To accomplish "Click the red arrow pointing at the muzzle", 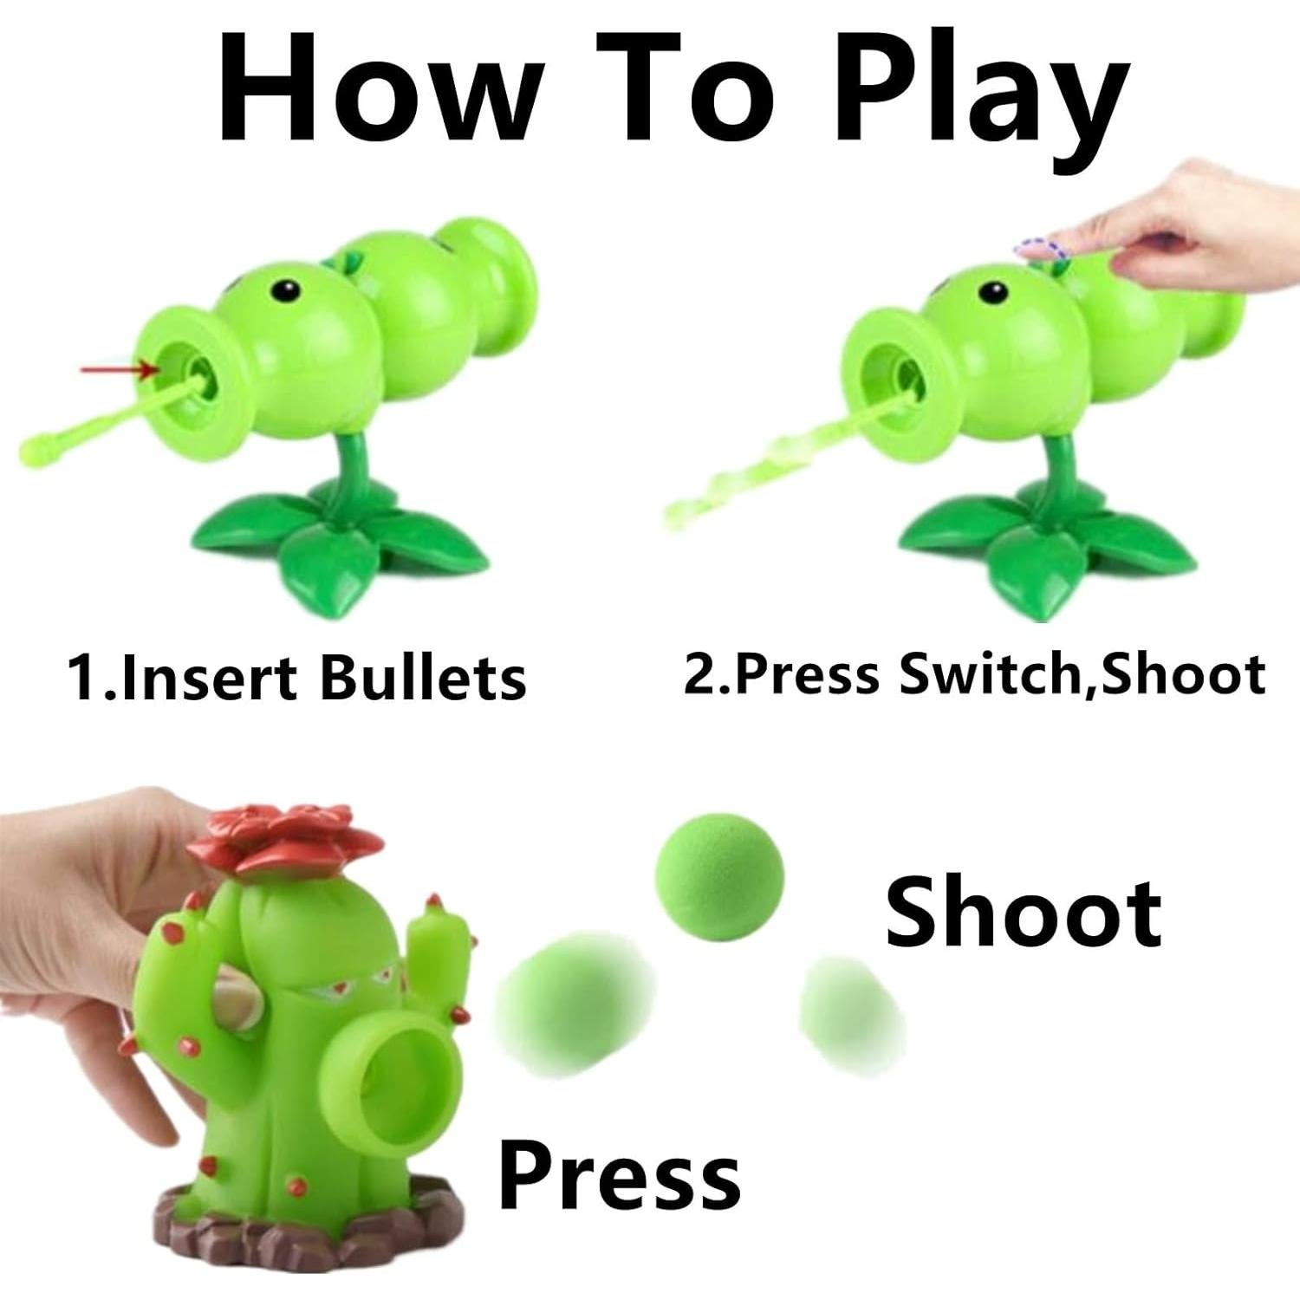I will pos(117,370).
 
